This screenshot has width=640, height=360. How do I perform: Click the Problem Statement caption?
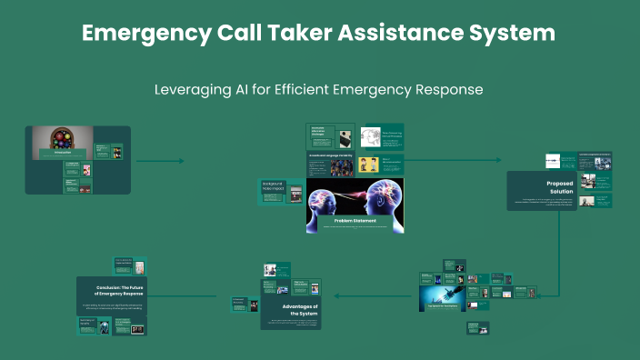pos(355,221)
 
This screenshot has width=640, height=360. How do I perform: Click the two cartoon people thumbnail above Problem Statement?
pos(369,165)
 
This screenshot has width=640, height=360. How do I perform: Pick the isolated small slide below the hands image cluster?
pos(479,328)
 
